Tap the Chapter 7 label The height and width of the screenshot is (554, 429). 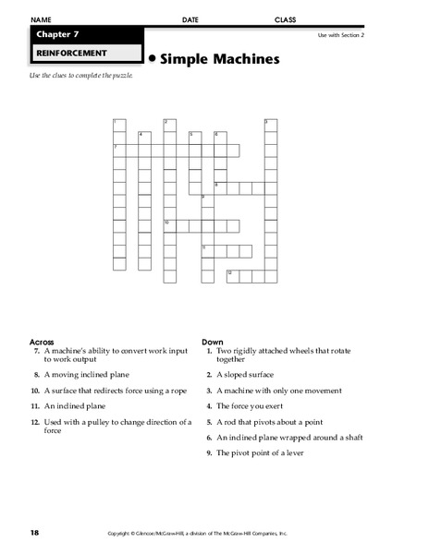click(57, 34)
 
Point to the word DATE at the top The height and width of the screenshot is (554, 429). click(190, 19)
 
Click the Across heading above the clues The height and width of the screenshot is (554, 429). click(43, 341)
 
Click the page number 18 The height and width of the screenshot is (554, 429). click(34, 534)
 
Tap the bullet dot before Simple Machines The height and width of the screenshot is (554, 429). click(152, 58)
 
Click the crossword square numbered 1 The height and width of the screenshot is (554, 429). click(118, 125)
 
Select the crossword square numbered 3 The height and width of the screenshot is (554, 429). click(270, 125)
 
